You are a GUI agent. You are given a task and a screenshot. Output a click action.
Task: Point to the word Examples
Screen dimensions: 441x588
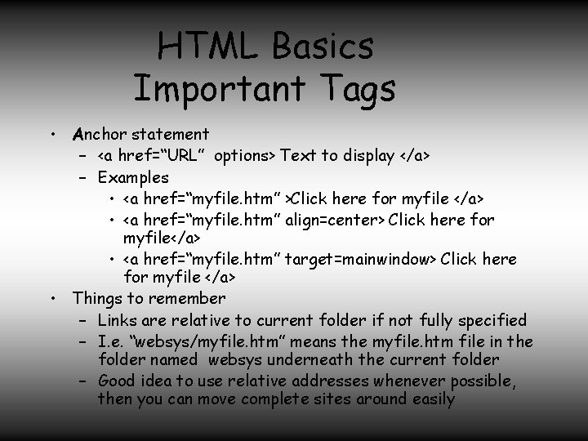tap(133, 177)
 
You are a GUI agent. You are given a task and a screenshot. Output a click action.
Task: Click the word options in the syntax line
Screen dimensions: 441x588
tap(245, 155)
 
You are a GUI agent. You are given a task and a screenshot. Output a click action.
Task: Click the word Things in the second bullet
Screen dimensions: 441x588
tap(97, 298)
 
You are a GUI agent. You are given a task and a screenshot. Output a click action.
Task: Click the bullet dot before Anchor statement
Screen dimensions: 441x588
tap(51, 133)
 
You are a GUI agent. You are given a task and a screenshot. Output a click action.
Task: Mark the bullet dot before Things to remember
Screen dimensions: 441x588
tap(51, 298)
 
